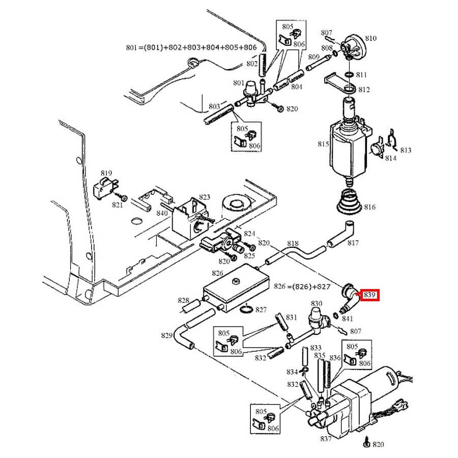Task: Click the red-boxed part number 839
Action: pos(370,295)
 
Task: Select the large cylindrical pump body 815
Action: pos(349,150)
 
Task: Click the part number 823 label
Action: pos(204,197)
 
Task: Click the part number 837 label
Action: pos(326,439)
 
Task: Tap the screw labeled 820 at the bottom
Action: pos(366,443)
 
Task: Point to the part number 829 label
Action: pos(167,335)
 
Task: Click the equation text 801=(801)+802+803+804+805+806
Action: pos(191,48)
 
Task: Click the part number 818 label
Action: pos(294,244)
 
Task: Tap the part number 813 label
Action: pos(406,150)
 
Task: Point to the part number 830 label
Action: pos(317,304)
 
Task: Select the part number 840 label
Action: pos(162,213)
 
